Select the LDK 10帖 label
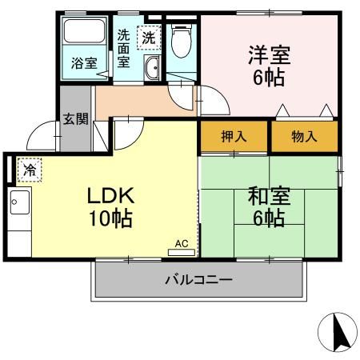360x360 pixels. (x=110, y=206)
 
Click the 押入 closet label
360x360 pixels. (x=234, y=137)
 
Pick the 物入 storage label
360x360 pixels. (x=304, y=137)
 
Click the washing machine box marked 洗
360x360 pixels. (x=149, y=37)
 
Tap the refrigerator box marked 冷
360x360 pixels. (x=29, y=170)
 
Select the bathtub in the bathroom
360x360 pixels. (x=85, y=34)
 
